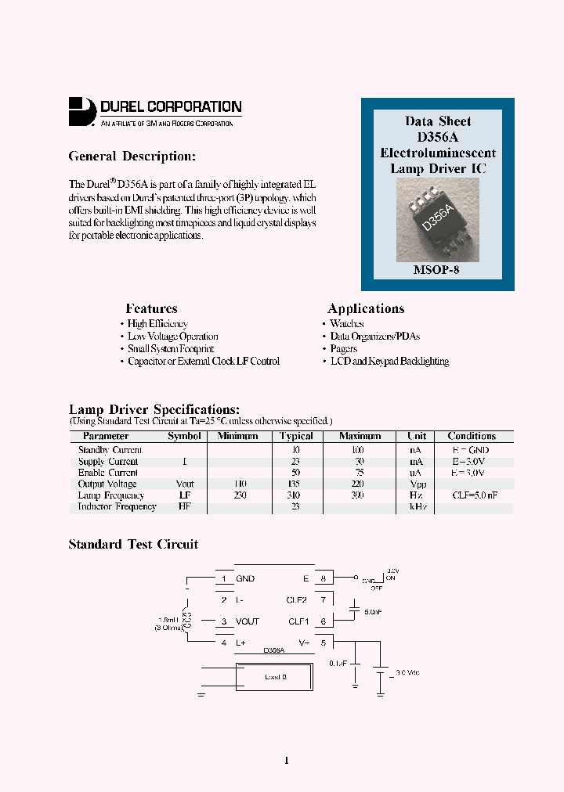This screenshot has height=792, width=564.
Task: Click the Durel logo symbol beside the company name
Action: pos(81,111)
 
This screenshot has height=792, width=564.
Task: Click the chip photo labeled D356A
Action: pos(437,220)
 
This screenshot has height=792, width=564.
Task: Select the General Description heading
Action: pos(132,157)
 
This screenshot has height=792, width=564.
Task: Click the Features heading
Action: pos(151,308)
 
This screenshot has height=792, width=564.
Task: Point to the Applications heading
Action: pos(366,308)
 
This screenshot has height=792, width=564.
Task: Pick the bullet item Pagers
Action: pos(343,348)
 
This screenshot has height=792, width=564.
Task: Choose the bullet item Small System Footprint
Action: pos(171,348)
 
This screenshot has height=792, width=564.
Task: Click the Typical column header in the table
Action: pos(296,436)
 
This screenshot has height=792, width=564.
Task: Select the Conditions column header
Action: pos(472,436)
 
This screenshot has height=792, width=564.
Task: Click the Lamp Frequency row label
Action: pos(111,495)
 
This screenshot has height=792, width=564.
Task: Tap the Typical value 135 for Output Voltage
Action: pos(296,484)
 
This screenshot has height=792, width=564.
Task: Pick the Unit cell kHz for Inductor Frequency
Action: pos(417,507)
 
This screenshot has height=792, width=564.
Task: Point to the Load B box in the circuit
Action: pos(275,677)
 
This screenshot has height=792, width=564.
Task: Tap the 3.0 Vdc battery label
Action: pos(407,672)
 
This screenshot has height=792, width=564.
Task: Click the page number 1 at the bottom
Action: pos(287,760)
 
